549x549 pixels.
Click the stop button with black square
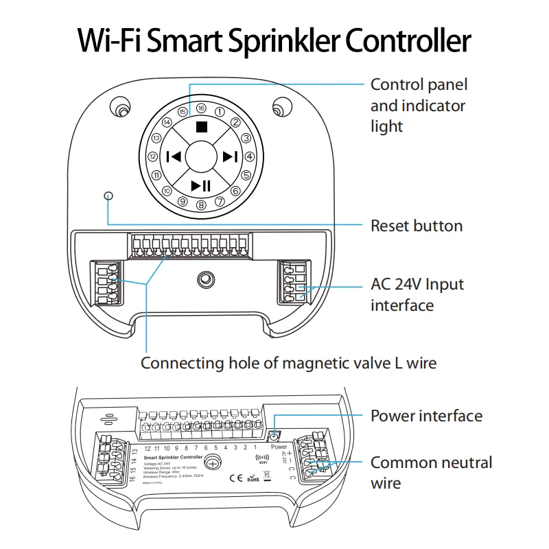coord(201,127)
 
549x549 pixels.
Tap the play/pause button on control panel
coord(201,185)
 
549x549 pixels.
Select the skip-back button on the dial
coord(172,156)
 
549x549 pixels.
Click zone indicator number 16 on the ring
coord(201,108)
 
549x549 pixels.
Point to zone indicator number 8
coord(201,205)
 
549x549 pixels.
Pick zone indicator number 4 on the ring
coord(250,156)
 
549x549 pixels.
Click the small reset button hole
coord(108,196)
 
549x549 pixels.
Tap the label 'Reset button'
coord(417,226)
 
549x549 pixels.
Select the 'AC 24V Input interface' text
coord(417,294)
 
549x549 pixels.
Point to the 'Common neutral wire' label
coord(431,472)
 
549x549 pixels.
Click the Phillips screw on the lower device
coord(213,464)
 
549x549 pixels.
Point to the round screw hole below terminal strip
coord(205,279)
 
